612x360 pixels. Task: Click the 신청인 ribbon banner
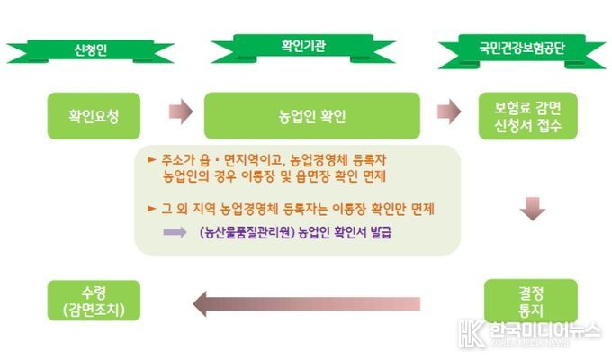tap(91, 51)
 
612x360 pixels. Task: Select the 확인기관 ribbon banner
tap(303, 48)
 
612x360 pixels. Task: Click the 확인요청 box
tap(94, 116)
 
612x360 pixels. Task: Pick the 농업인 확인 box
tap(312, 116)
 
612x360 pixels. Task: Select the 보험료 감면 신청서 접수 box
tap(528, 116)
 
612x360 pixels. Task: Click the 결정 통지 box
tap(531, 301)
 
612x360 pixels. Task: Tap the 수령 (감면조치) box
tap(94, 301)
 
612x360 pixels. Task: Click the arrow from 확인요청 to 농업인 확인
tap(181, 112)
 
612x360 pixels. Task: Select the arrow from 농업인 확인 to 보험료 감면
tap(449, 112)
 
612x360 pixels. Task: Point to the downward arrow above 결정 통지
tap(533, 209)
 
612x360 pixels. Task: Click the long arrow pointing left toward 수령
tap(307, 303)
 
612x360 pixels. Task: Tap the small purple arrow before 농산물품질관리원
tap(175, 232)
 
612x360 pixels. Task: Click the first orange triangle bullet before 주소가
tap(152, 159)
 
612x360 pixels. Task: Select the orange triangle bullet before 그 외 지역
tap(152, 209)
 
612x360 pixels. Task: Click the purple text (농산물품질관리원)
tap(247, 232)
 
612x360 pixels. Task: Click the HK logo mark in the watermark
tap(472, 334)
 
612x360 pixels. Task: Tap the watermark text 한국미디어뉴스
tap(544, 330)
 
